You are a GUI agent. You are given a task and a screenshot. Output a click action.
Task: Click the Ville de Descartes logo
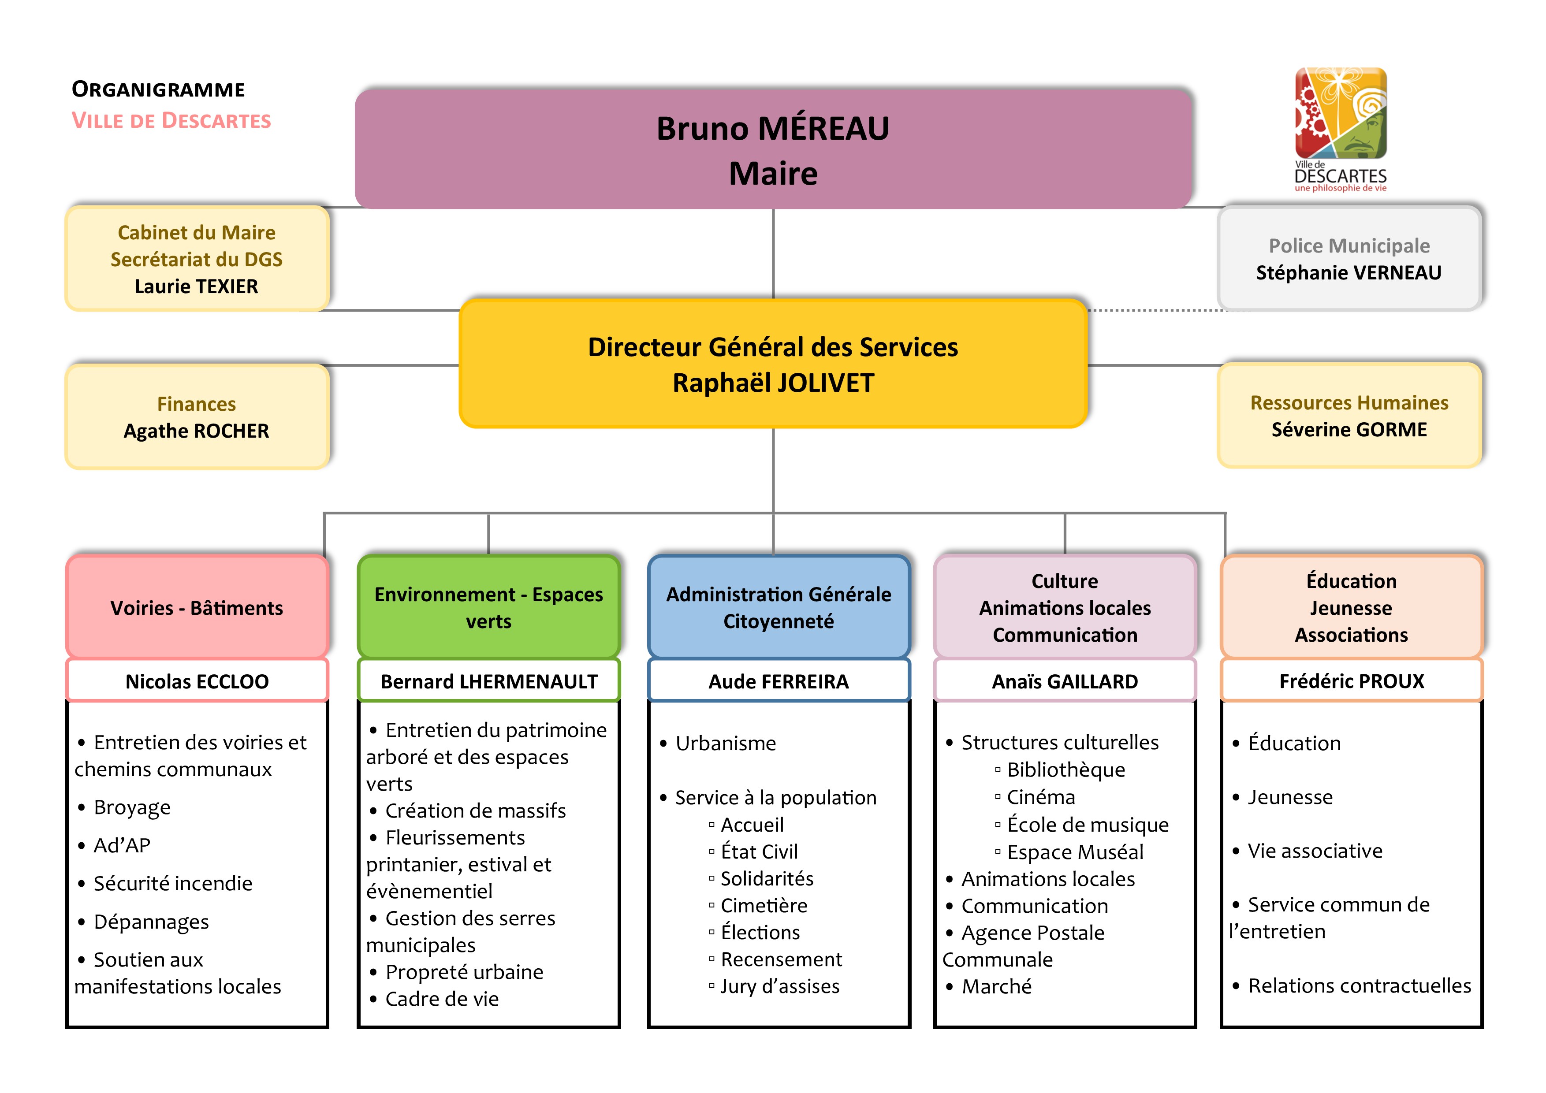tap(1340, 128)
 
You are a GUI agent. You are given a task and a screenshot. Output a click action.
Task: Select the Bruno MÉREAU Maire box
tap(773, 149)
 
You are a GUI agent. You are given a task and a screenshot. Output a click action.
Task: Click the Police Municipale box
tap(1349, 258)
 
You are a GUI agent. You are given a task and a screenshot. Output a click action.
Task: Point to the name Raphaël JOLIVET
tap(773, 383)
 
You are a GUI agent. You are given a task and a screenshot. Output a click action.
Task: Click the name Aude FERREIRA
tap(779, 682)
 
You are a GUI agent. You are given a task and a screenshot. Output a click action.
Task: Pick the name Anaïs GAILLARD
tap(1065, 682)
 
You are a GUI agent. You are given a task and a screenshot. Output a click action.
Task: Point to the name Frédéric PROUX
tap(1352, 681)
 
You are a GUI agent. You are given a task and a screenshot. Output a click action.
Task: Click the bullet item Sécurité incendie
tap(172, 884)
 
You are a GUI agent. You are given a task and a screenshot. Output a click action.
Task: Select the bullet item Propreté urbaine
tap(464, 972)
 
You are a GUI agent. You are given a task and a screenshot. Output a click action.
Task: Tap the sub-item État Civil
tap(759, 852)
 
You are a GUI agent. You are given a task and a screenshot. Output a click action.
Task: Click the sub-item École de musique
tap(1088, 825)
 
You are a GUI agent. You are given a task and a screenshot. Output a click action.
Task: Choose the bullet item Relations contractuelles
tap(1359, 986)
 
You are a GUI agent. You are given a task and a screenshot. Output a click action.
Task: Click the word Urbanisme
tap(725, 744)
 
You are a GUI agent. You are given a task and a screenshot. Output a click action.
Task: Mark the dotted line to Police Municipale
tap(1155, 310)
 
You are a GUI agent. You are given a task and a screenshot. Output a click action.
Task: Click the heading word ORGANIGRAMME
tap(158, 89)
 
